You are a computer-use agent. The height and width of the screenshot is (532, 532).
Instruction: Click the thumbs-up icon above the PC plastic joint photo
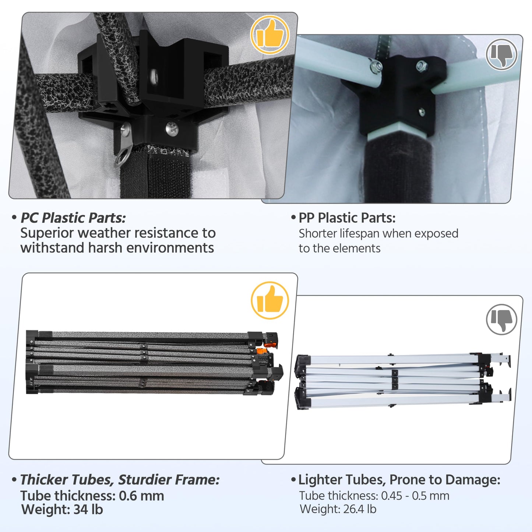point(270,35)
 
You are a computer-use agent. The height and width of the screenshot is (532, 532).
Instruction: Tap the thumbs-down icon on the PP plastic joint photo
point(501,54)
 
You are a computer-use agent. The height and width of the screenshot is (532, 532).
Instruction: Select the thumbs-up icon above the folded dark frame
point(270,300)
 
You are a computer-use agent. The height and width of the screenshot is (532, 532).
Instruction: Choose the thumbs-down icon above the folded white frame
point(501,320)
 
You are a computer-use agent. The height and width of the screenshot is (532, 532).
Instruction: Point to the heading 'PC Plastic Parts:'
point(73,218)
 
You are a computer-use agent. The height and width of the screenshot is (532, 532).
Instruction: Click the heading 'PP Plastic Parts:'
point(347,218)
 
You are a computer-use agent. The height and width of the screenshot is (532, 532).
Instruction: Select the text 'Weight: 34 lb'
point(62,510)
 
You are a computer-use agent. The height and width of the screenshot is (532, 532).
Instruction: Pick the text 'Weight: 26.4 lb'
point(338,510)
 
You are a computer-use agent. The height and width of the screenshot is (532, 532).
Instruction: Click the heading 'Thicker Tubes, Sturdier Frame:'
point(120,480)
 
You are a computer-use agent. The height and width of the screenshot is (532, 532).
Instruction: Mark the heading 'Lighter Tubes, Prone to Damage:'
point(399,480)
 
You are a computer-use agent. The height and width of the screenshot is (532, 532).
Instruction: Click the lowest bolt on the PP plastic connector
point(422,112)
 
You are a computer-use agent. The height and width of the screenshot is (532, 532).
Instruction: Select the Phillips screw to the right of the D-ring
point(172,128)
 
